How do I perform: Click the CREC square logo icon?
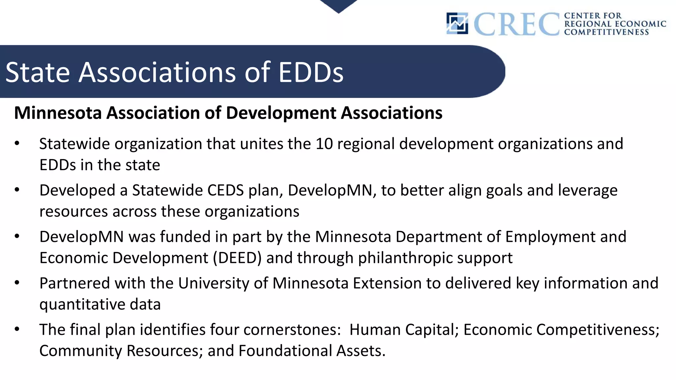click(x=457, y=23)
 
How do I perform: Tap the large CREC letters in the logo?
click(x=517, y=24)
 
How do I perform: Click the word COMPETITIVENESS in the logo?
click(x=606, y=32)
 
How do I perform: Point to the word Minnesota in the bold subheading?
click(x=58, y=113)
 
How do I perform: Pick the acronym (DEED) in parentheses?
click(x=237, y=258)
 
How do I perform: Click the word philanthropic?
click(x=405, y=258)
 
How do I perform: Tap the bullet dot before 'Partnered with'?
click(x=17, y=283)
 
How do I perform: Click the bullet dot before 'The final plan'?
click(x=17, y=329)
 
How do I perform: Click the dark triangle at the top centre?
click(x=338, y=5)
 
